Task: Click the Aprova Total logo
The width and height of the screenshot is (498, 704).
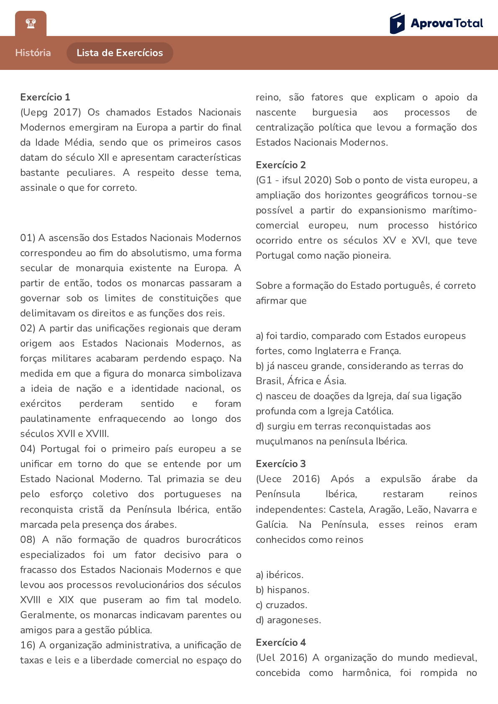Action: tap(436, 23)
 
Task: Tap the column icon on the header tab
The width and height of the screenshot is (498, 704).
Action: tap(31, 23)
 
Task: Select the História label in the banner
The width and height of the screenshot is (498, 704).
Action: tap(33, 53)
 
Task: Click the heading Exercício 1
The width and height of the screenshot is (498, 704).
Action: tap(45, 97)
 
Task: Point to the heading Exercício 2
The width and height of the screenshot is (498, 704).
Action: tap(281, 165)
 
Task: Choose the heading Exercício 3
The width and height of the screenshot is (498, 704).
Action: tap(281, 464)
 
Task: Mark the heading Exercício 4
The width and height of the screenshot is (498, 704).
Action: tap(281, 642)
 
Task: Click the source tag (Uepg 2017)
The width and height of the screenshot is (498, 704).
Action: tap(51, 112)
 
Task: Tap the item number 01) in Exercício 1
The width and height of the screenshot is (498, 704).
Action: tap(28, 238)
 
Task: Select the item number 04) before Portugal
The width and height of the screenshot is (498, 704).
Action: tap(28, 449)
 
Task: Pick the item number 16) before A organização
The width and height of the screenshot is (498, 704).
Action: tap(28, 645)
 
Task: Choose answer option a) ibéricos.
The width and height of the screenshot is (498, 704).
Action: tap(280, 575)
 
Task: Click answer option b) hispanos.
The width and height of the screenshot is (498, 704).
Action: tap(282, 590)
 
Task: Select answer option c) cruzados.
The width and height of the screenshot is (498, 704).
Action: tap(281, 605)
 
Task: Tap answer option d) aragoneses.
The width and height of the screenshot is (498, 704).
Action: tap(288, 620)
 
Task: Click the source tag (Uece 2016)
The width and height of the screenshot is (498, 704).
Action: tap(288, 479)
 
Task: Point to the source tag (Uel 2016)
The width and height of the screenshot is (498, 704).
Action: tap(282, 658)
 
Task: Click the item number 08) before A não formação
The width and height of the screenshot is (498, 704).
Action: tap(28, 540)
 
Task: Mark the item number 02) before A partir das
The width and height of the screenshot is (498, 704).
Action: tap(28, 328)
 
